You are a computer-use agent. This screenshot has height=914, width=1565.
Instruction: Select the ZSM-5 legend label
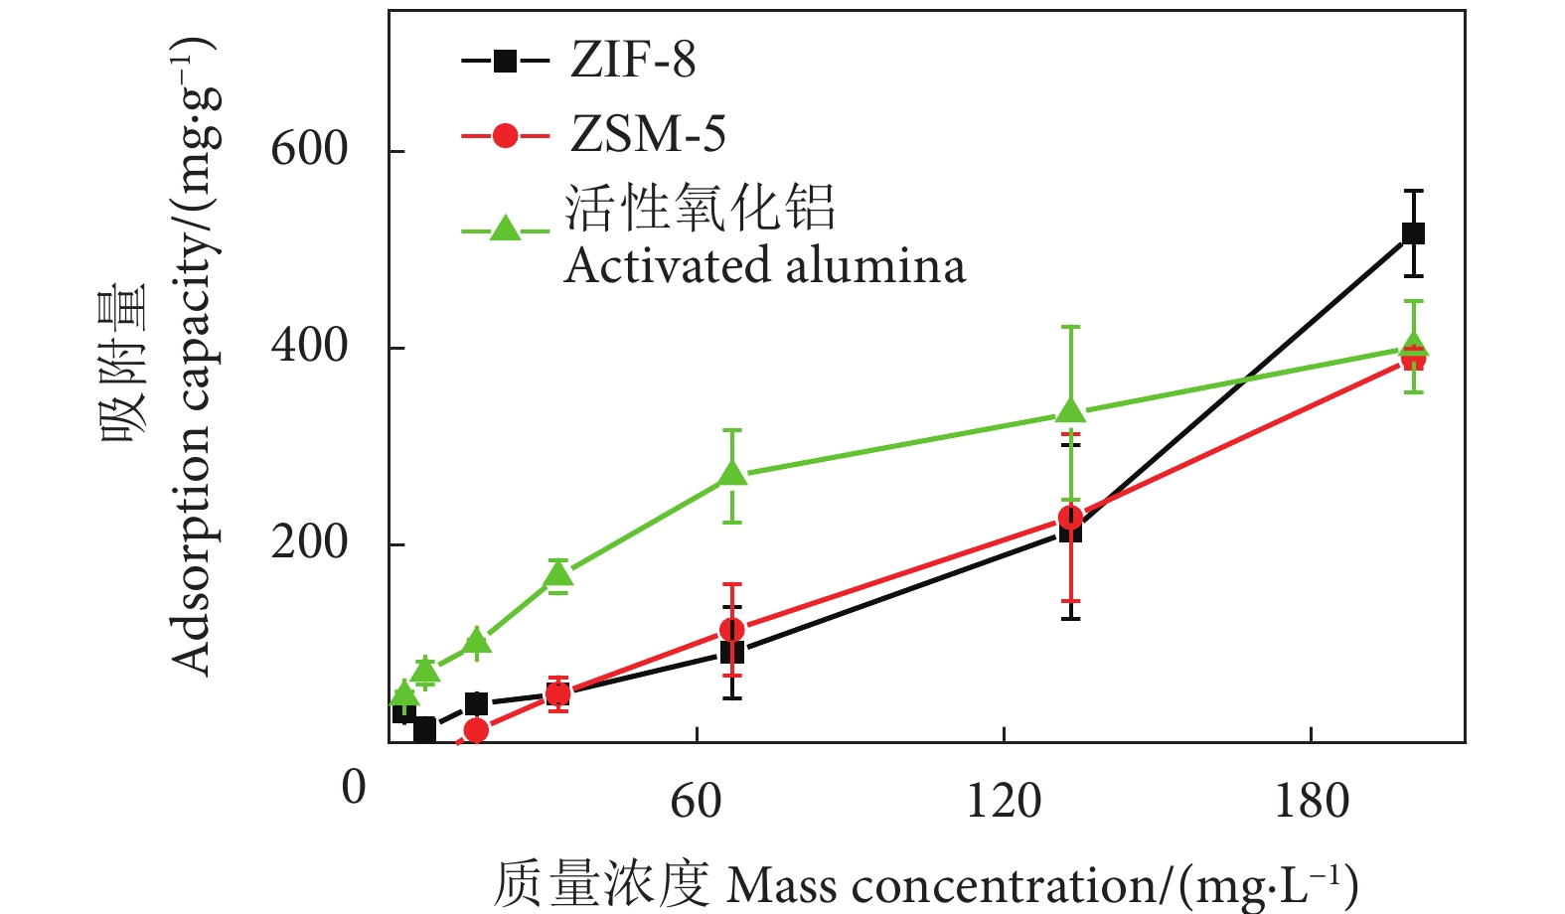(x=648, y=134)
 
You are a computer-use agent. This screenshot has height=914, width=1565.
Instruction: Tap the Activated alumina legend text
(x=765, y=266)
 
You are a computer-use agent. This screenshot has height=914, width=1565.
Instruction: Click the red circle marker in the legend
(x=506, y=135)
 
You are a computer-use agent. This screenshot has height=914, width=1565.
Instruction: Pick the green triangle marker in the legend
(x=506, y=229)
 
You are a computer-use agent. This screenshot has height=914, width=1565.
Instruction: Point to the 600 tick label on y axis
(x=309, y=149)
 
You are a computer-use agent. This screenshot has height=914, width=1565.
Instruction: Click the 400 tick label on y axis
(x=309, y=346)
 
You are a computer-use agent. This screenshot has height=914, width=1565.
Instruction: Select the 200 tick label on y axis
(x=309, y=542)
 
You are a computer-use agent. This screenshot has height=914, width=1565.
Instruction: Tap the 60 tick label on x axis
(x=696, y=801)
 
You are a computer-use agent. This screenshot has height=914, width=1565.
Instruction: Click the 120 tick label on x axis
(x=1004, y=801)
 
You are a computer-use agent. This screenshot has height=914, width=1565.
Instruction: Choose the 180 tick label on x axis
(x=1312, y=801)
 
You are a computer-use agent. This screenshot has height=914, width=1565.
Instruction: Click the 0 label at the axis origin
(x=354, y=787)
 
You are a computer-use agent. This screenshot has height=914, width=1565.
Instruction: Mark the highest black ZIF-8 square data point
(x=1413, y=233)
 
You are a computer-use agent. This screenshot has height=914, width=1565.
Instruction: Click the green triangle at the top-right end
(x=1413, y=347)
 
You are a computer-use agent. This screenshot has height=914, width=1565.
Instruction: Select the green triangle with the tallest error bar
(x=1070, y=410)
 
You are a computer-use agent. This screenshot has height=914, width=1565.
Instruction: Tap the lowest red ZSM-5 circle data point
(x=476, y=731)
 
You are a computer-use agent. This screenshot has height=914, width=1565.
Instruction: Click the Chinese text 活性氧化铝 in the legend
(x=701, y=209)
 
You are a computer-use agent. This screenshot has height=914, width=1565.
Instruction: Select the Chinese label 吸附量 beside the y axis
(x=123, y=363)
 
